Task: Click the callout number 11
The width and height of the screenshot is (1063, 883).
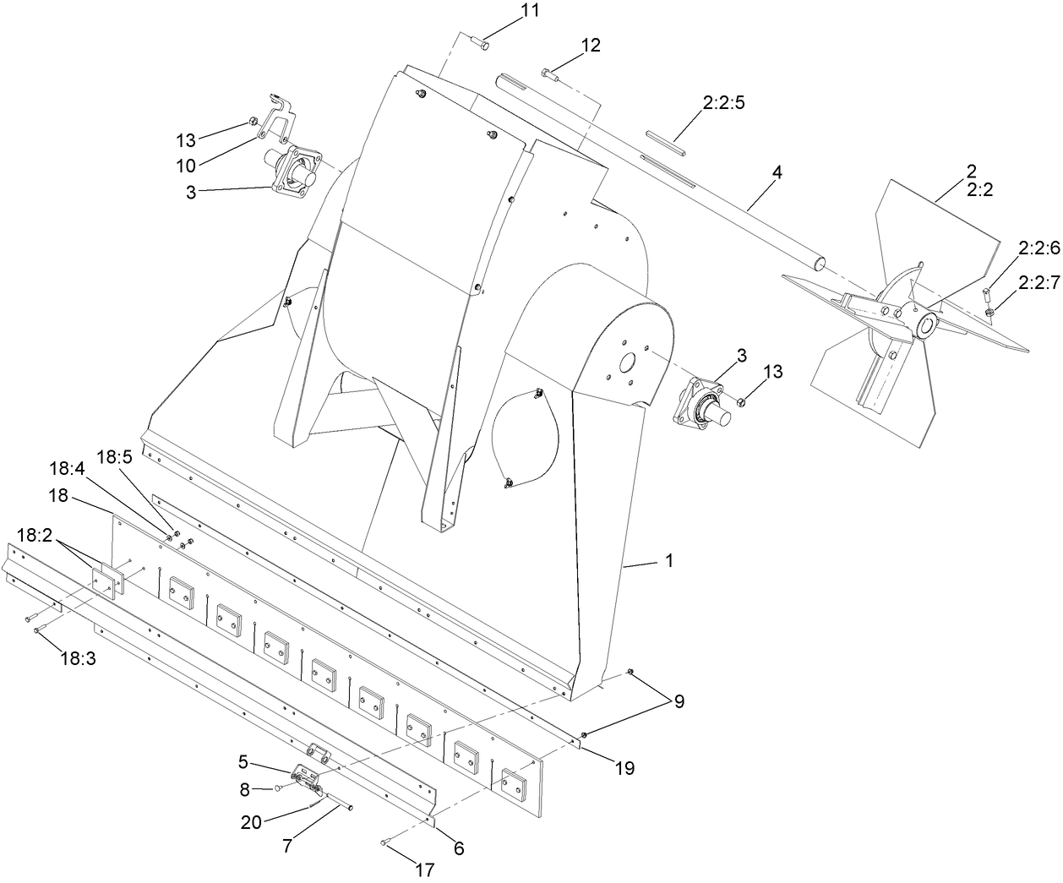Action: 529,12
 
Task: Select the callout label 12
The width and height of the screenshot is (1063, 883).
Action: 591,46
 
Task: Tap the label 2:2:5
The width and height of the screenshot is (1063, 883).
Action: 722,104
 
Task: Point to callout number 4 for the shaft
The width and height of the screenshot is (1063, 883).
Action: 777,172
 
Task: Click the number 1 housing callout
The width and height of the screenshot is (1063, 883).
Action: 669,561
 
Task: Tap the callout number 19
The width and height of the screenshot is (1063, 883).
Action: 624,768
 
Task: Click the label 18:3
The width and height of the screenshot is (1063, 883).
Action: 78,659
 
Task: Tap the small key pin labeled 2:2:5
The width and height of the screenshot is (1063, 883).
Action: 665,140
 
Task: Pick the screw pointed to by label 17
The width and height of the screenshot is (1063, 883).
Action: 384,842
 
